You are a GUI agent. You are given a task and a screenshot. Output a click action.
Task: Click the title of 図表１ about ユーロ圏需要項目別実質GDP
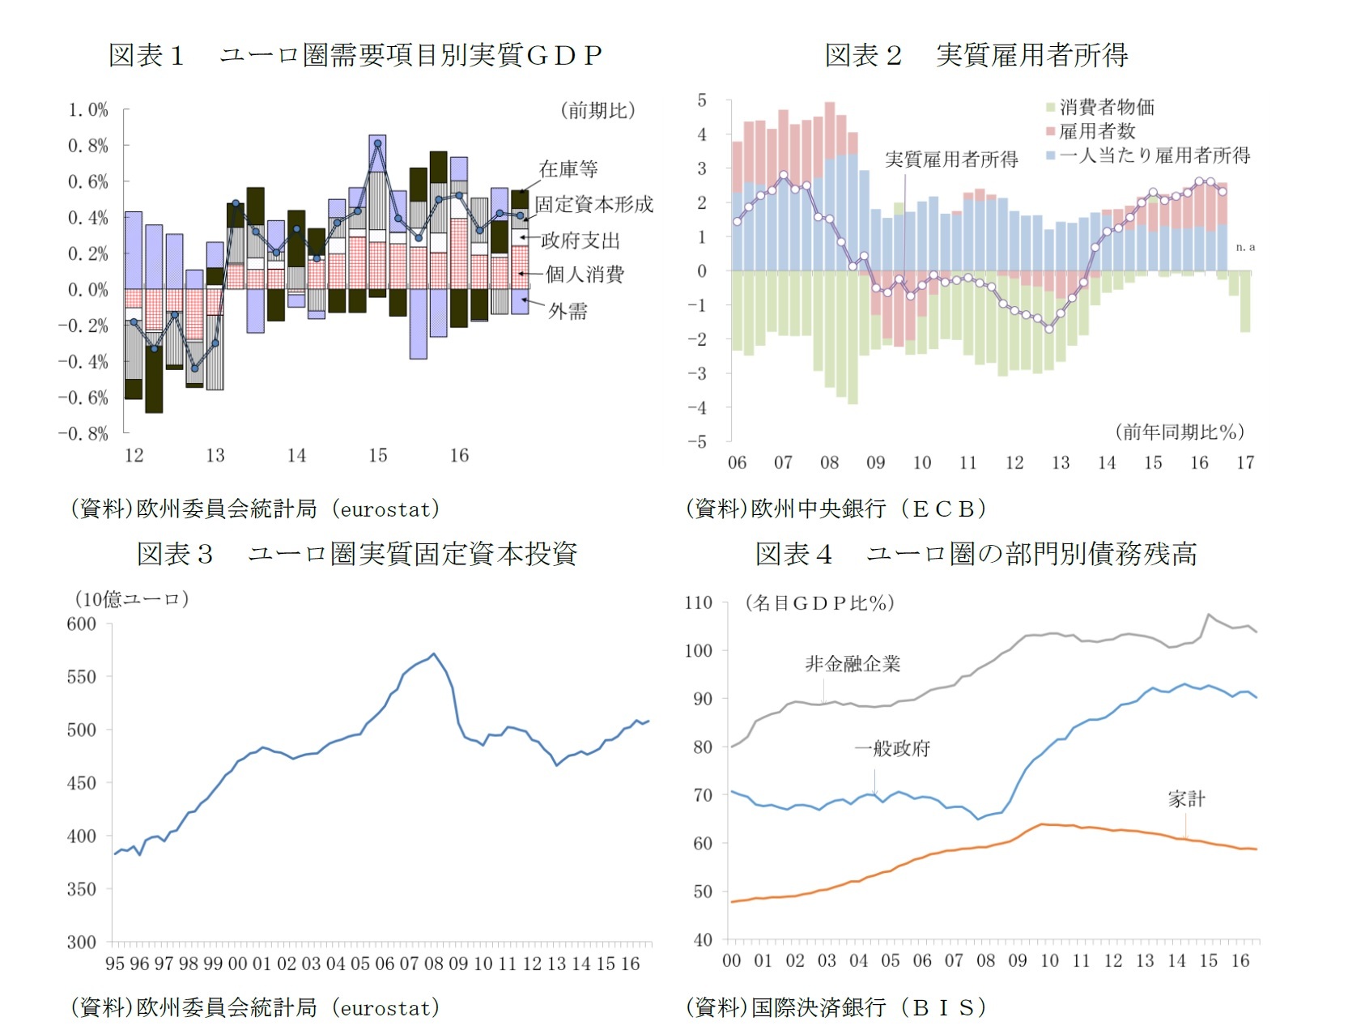[355, 55]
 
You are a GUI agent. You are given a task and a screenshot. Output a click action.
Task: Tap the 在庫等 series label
[568, 168]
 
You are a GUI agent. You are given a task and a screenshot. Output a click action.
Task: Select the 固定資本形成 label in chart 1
[593, 204]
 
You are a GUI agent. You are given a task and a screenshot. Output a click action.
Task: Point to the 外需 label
[568, 311]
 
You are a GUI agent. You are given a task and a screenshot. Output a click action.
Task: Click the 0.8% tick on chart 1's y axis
[87, 146]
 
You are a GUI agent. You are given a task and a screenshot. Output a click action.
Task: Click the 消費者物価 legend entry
[1106, 107]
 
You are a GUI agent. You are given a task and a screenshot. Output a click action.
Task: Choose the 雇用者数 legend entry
[1096, 131]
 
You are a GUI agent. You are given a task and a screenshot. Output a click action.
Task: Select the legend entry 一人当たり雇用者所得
[1154, 155]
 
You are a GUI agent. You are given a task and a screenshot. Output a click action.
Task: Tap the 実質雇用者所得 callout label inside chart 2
[951, 159]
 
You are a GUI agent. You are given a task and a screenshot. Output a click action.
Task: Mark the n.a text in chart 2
[1245, 247]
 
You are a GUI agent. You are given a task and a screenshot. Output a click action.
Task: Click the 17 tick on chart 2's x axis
[1245, 462]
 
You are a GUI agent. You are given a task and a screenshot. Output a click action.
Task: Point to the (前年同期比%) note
[1180, 432]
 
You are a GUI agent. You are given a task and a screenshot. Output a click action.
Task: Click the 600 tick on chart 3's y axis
[81, 624]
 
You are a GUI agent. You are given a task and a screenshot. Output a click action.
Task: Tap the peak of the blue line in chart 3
[434, 653]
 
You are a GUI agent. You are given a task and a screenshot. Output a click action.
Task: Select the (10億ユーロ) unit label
[131, 599]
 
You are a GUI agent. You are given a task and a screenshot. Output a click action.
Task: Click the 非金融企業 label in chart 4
[853, 664]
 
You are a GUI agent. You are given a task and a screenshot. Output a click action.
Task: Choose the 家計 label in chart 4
[1186, 799]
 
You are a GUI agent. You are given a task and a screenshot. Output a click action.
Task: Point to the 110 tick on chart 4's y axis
[698, 602]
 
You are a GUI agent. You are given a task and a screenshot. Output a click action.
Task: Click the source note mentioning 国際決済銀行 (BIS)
[836, 1007]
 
